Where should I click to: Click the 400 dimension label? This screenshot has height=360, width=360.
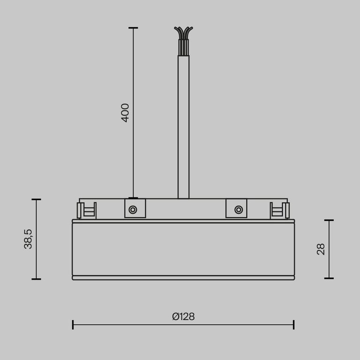coord(125,112)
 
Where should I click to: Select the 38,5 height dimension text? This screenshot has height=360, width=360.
coord(29,239)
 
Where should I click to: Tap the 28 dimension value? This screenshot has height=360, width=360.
coord(321,249)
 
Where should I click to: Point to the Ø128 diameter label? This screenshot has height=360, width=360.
coord(183,316)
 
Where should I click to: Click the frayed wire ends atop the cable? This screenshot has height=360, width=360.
coord(183,33)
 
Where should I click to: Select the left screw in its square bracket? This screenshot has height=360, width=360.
coord(133,209)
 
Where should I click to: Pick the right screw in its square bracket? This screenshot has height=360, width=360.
coord(239,209)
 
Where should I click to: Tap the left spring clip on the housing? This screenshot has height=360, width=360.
coord(87,210)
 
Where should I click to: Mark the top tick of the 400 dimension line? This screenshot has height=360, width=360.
coord(133,28)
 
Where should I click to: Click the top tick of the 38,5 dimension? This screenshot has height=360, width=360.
coord(37,199)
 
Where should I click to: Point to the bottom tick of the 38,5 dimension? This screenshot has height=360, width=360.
coord(37,279)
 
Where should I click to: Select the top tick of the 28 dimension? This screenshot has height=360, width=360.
coord(329,220)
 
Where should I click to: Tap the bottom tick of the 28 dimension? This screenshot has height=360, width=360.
coord(329,278)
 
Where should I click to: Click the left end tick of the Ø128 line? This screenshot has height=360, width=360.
coord(73,324)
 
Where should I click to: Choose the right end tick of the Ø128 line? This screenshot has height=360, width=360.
coord(294,324)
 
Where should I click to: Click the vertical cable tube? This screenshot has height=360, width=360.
coord(183,127)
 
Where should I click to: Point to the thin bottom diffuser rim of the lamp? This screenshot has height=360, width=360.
coord(183,277)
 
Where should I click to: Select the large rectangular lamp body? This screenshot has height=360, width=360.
coord(183,248)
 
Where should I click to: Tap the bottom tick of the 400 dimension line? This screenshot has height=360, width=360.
coord(133,198)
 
